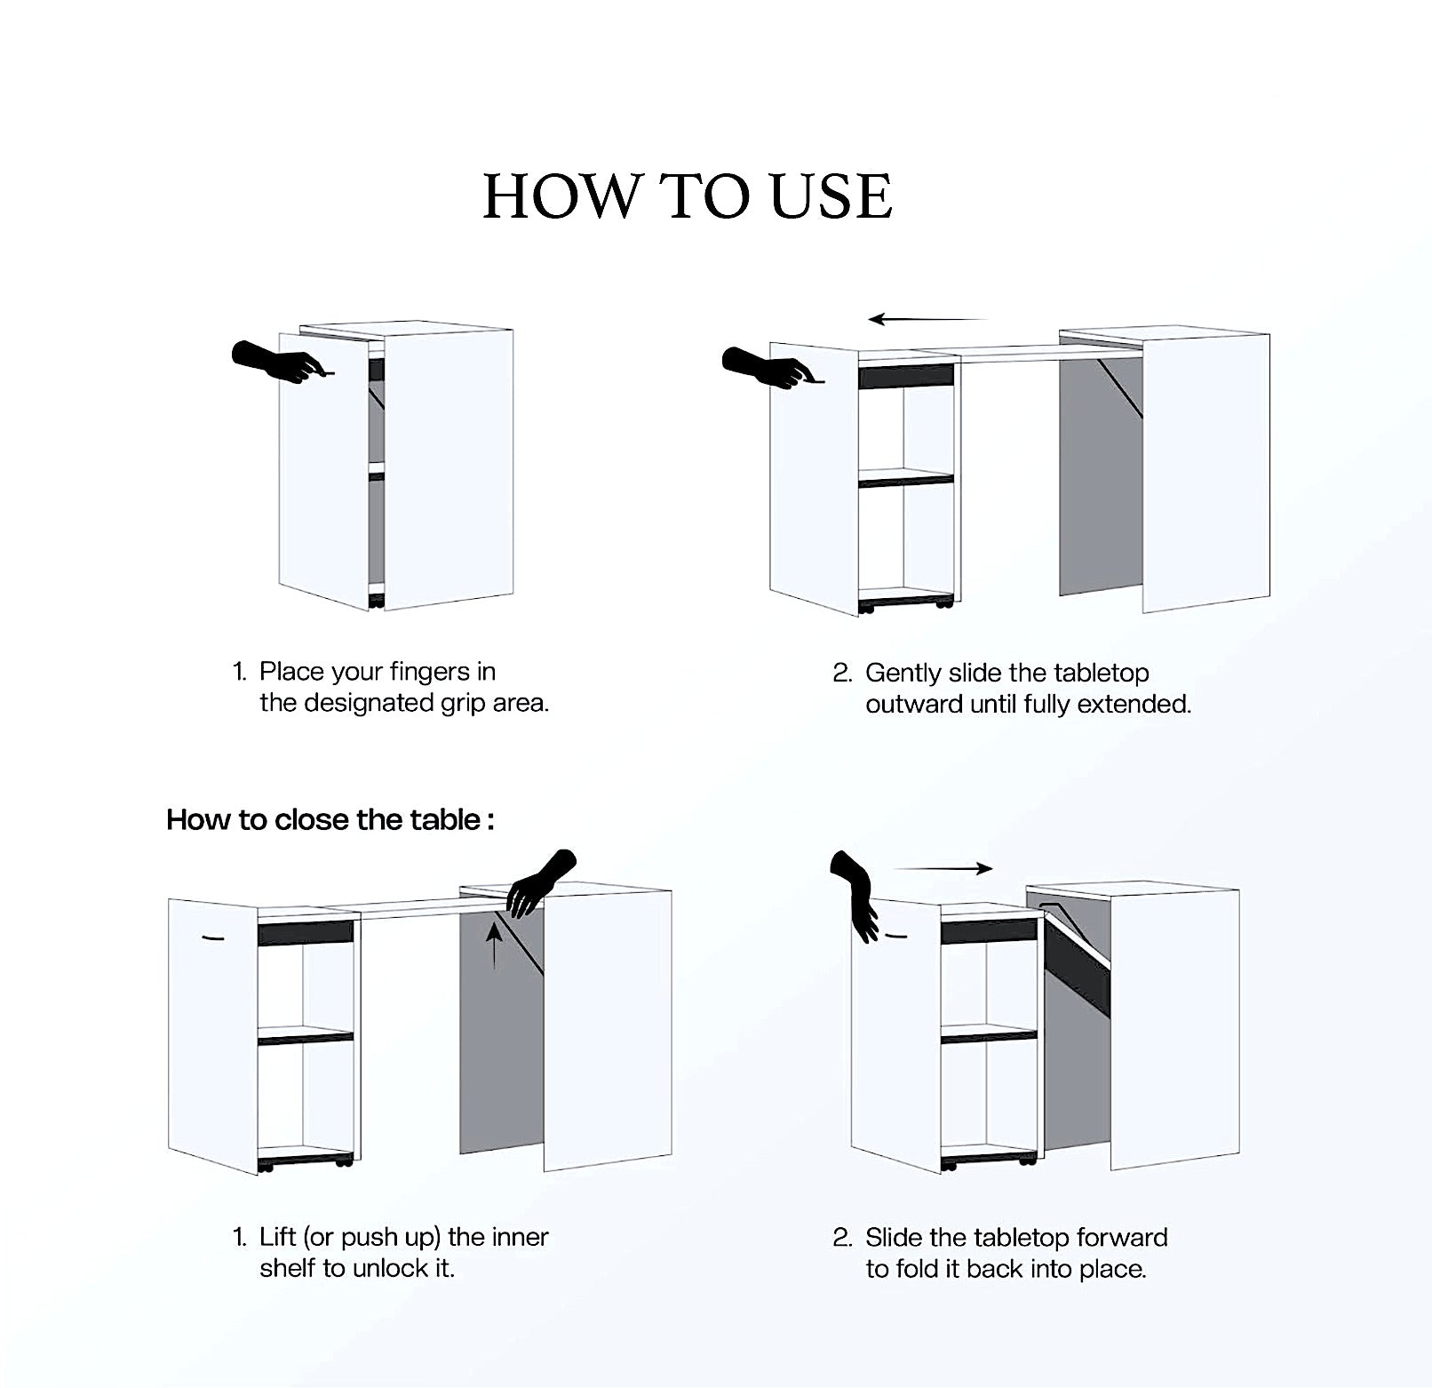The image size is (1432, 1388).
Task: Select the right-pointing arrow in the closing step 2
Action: (x=943, y=869)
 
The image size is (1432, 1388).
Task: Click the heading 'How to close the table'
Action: (x=330, y=819)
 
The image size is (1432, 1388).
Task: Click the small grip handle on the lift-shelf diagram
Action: (x=212, y=938)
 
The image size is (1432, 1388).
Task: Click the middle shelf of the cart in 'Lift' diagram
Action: (x=305, y=1035)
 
